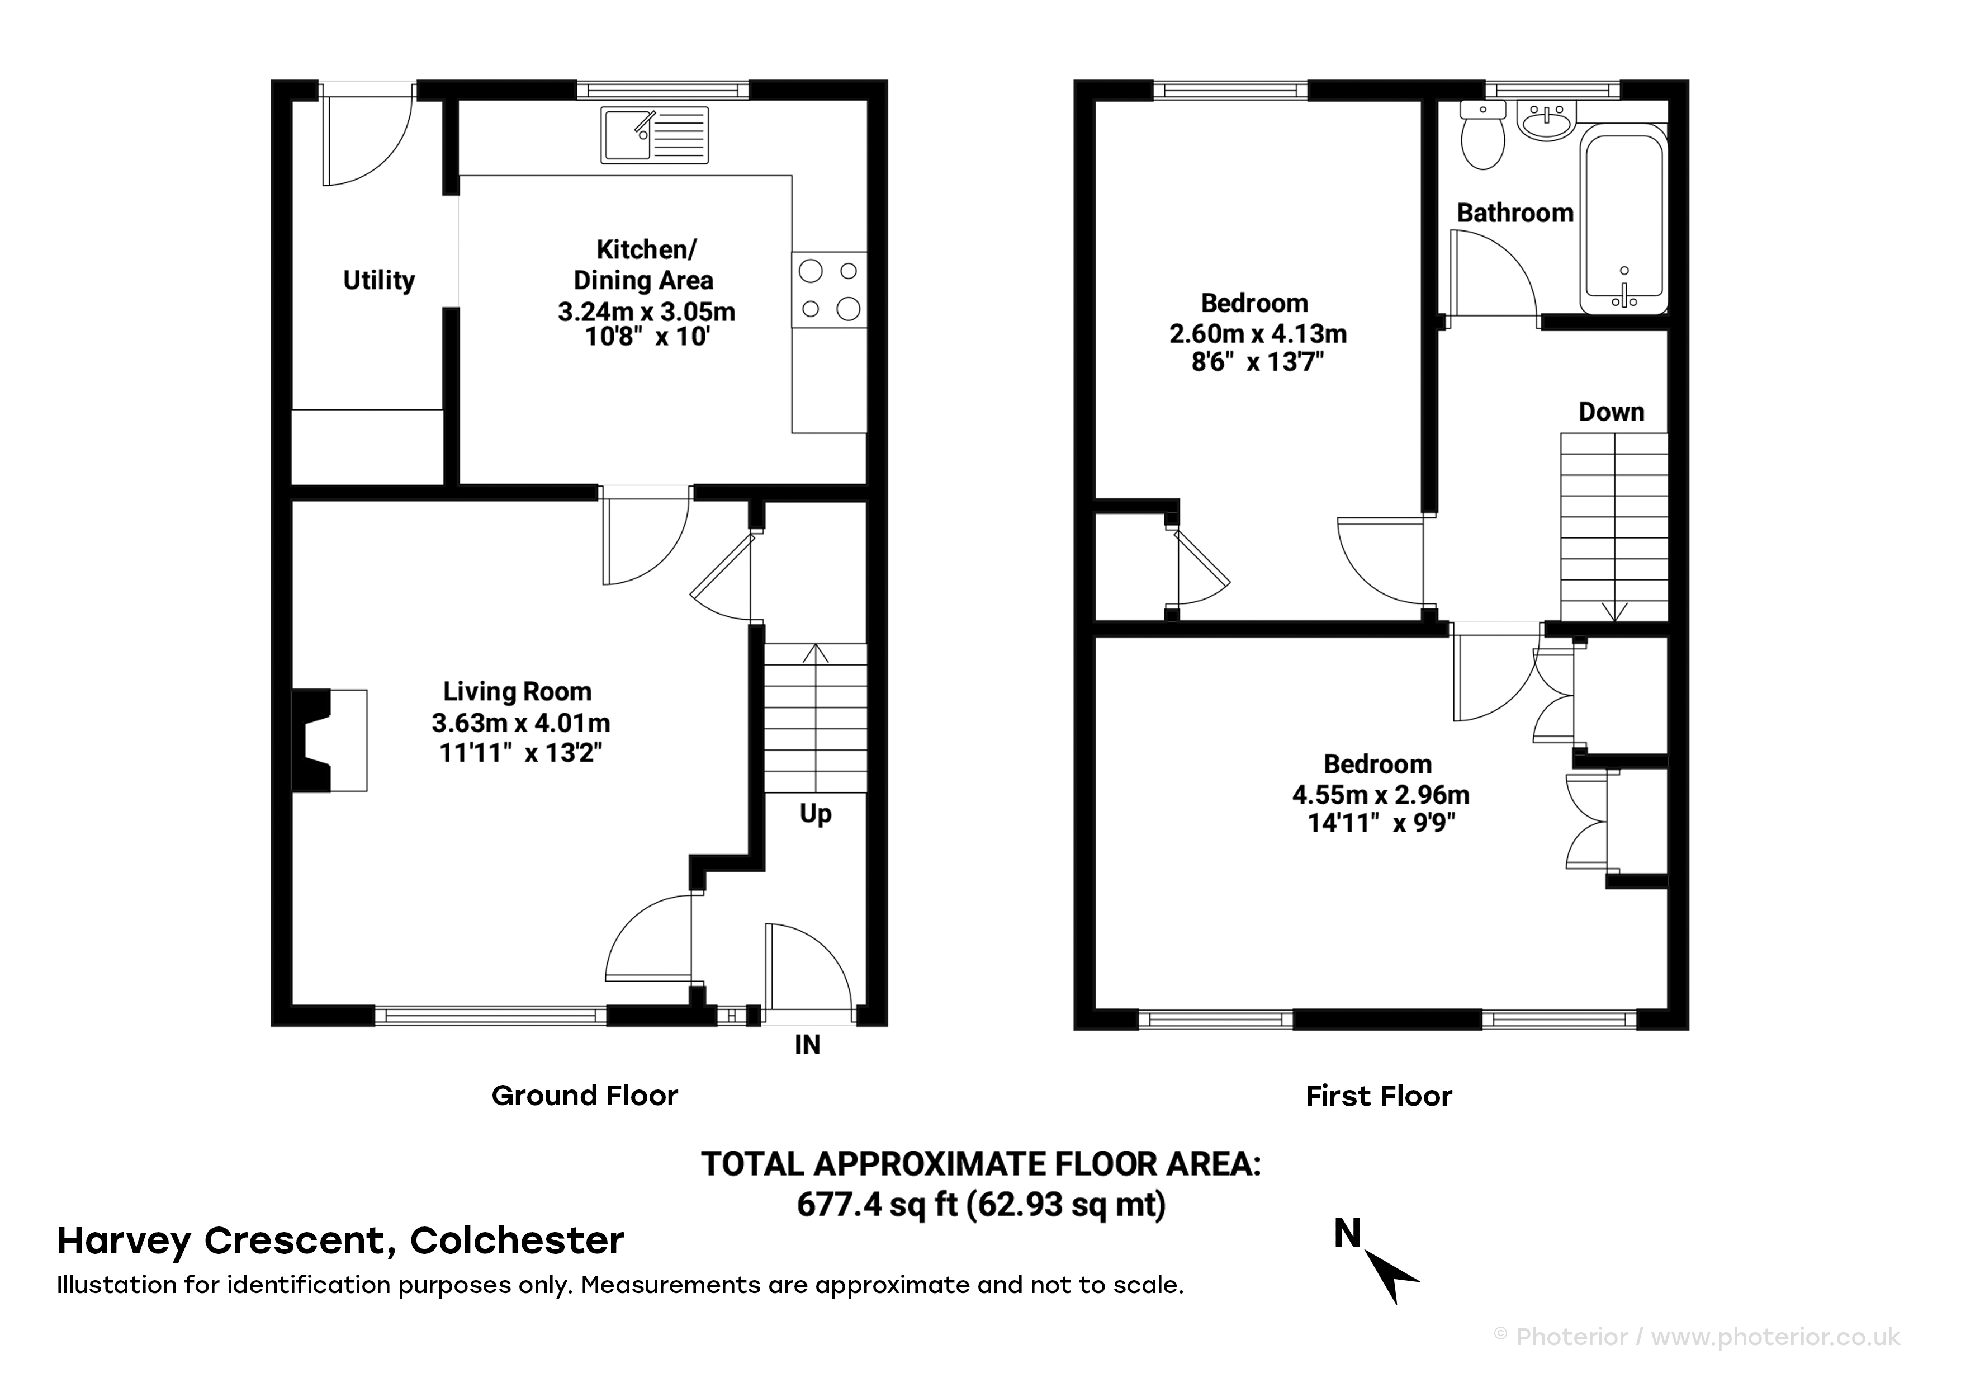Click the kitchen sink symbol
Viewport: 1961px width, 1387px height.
pyautogui.click(x=654, y=134)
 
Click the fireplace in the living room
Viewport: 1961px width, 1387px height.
pyautogui.click(x=330, y=740)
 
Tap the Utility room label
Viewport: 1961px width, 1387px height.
pyautogui.click(x=378, y=280)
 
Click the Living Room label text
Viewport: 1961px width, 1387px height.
pyautogui.click(x=517, y=691)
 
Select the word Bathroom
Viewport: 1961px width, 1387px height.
pyautogui.click(x=1515, y=213)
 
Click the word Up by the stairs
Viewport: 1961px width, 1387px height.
pyautogui.click(x=816, y=814)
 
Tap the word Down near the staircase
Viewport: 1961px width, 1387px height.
pyautogui.click(x=1611, y=412)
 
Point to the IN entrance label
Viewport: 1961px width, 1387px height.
pyautogui.click(x=807, y=1044)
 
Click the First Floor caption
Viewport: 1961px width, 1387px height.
pyautogui.click(x=1379, y=1096)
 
